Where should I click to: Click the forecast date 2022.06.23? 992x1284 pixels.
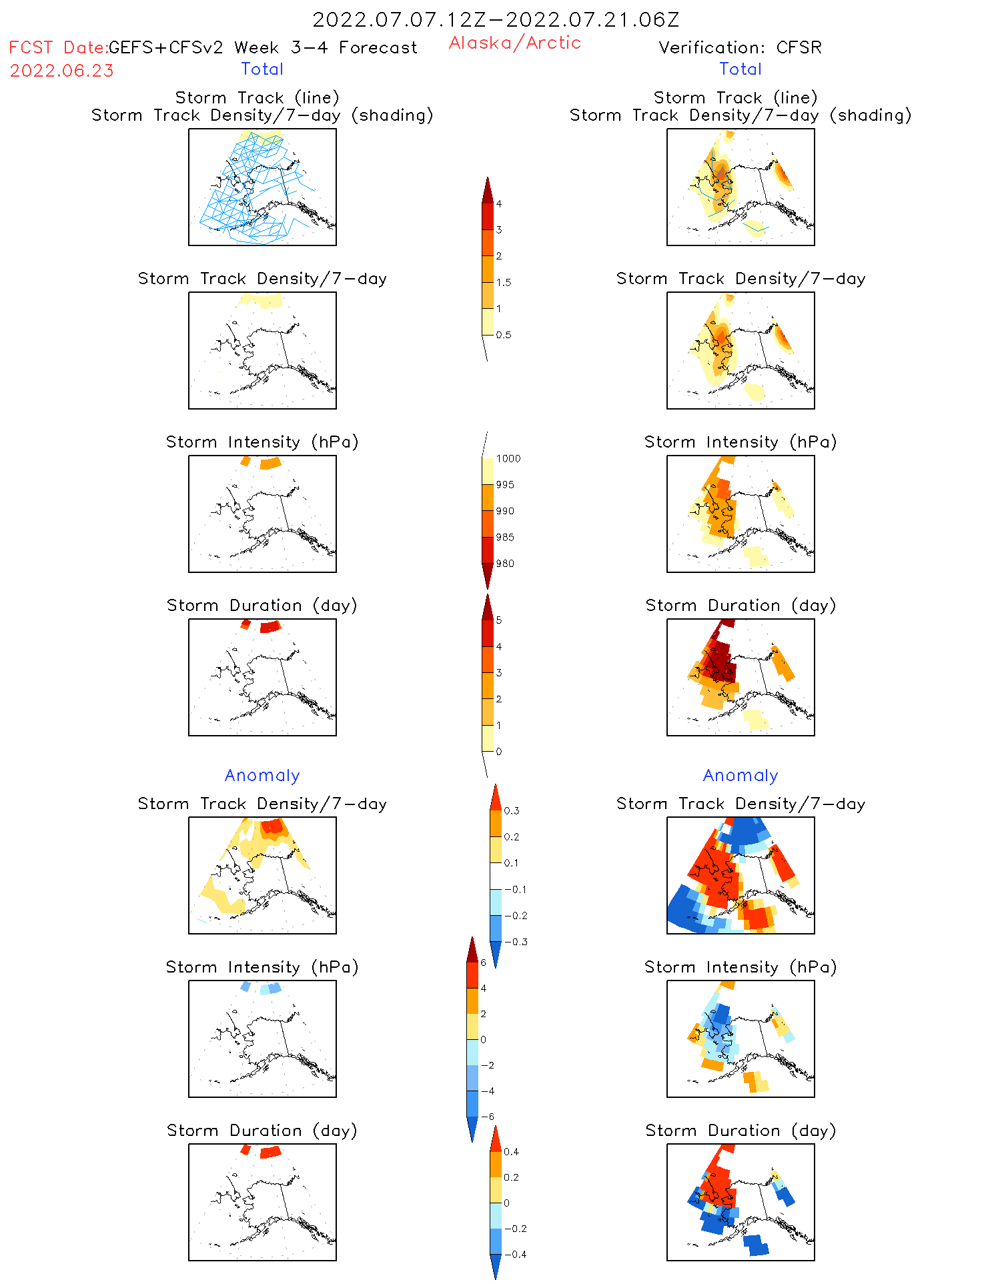pos(62,71)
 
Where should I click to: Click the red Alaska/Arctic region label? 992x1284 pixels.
pos(514,43)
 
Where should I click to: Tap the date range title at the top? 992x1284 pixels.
pos(496,20)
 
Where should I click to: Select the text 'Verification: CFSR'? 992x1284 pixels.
pos(740,47)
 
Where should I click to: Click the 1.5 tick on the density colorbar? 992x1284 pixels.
pos(504,282)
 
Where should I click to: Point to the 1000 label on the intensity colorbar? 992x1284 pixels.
pos(508,459)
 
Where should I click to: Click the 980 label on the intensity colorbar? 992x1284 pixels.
pos(505,564)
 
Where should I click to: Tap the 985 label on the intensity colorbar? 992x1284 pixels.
pos(505,538)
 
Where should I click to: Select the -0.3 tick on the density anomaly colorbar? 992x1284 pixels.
pos(516,942)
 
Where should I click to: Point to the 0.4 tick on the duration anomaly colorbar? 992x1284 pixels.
pos(511,1152)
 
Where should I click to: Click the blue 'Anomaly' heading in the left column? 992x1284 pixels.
pos(262,776)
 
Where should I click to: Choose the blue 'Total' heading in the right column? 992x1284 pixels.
pos(740,69)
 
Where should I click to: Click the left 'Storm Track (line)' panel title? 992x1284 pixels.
pos(257,98)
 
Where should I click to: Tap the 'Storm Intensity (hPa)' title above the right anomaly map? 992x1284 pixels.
pos(740,967)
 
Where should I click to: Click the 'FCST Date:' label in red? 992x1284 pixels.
pos(58,48)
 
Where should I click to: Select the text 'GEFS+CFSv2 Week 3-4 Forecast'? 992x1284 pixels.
pos(263,48)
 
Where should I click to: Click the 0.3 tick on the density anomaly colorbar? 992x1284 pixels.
pos(512,811)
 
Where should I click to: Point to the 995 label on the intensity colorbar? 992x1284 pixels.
pos(505,485)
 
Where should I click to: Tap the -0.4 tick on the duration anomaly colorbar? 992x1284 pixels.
pos(515,1255)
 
